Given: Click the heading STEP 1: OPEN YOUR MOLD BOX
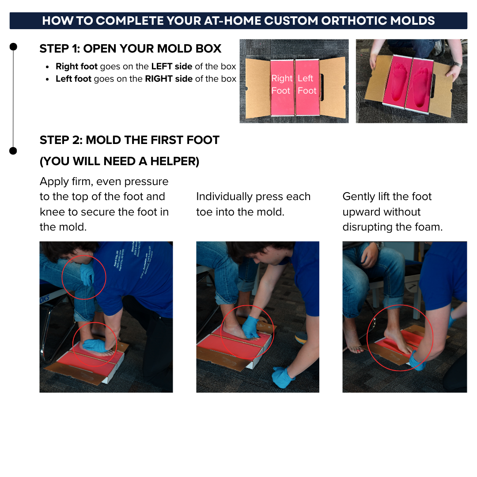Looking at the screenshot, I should coord(130,49).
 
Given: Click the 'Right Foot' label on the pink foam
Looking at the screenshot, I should coord(281,84).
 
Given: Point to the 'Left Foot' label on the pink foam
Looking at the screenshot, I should coord(307,84).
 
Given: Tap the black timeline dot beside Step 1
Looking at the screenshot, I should coord(13,46).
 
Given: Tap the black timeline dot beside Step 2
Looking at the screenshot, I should coord(13,151).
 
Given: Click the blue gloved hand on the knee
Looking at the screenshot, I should coord(87,274).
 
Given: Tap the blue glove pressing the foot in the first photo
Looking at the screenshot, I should coord(95,345).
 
